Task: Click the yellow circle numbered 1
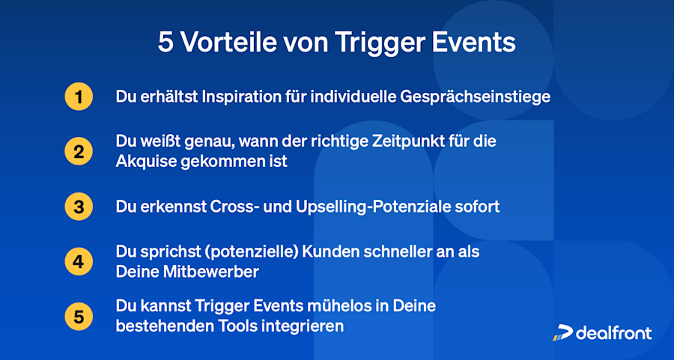78,97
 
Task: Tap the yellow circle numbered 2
78,152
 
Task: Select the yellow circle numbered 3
78,207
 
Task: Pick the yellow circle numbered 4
78,262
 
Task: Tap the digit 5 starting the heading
165,43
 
